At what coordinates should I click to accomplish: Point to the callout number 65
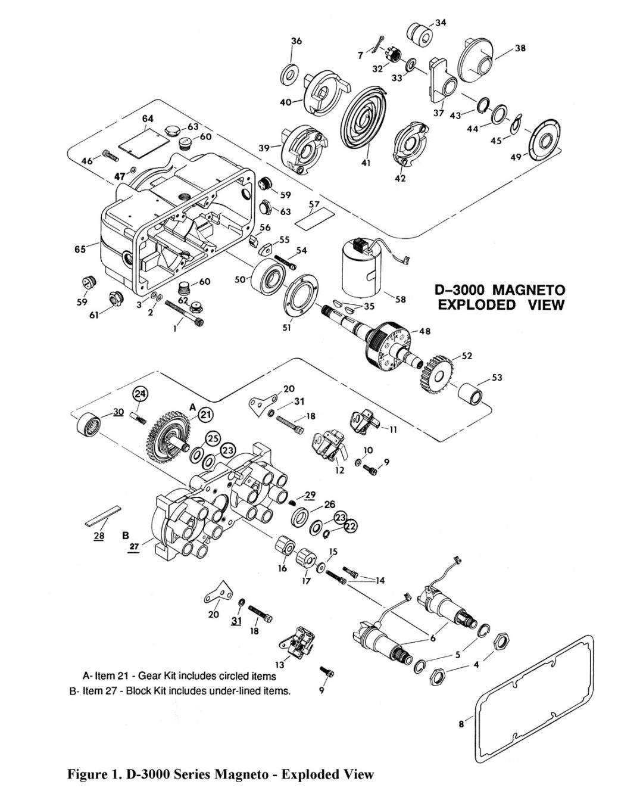point(80,249)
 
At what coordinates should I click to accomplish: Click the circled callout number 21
point(205,415)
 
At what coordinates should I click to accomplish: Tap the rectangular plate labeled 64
point(144,141)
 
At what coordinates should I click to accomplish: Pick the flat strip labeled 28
point(103,516)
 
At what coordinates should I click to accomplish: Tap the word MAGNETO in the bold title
point(527,290)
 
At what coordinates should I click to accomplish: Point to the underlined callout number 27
point(135,547)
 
